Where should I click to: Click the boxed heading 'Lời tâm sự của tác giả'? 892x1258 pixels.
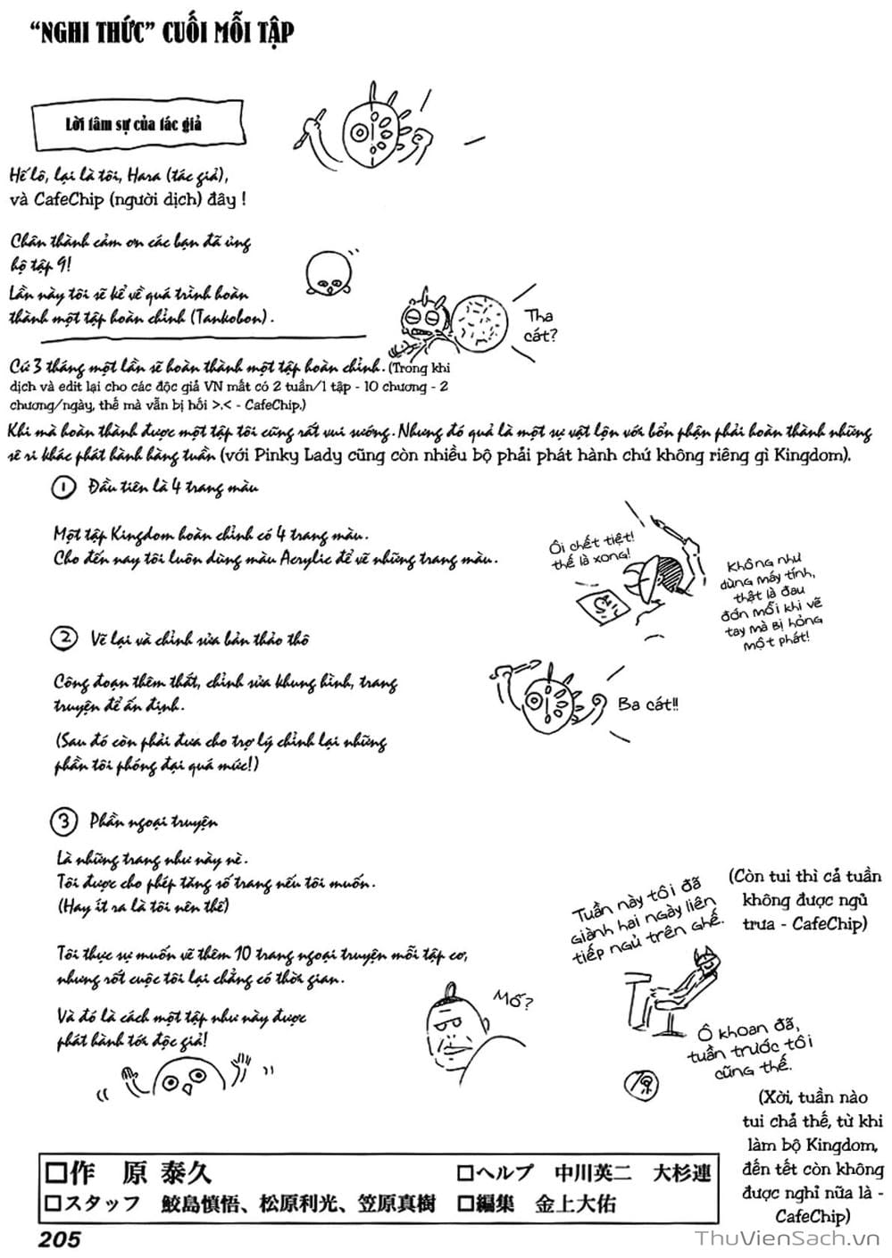[133, 123]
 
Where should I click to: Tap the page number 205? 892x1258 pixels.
[59, 1238]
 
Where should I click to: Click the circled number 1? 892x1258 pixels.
[63, 487]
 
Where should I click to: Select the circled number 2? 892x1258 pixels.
[64, 638]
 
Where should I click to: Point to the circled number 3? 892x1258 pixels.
[64, 821]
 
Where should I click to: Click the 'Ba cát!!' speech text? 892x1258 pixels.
[647, 704]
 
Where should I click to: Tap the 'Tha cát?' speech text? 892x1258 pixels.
[539, 326]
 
